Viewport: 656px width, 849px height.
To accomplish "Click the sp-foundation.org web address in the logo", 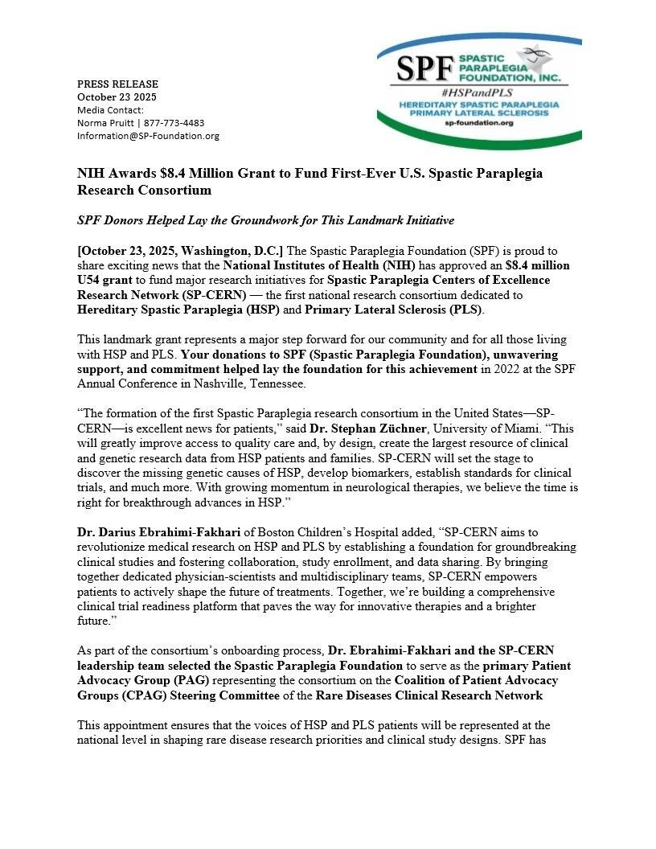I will [x=478, y=123].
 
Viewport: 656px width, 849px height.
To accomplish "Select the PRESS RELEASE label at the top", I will [x=117, y=84].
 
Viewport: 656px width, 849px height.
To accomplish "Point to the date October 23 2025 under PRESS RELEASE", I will [x=117, y=96].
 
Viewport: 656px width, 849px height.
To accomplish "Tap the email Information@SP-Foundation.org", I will [x=148, y=136].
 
